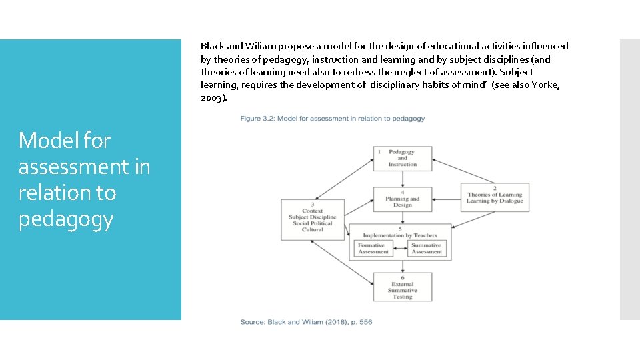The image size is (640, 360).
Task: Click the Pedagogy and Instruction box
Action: [x=402, y=158]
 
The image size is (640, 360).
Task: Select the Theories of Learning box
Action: [x=495, y=197]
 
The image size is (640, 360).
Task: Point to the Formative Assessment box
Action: [x=373, y=249]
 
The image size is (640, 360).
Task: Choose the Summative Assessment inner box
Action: [x=427, y=249]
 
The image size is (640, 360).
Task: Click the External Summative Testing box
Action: [x=402, y=287]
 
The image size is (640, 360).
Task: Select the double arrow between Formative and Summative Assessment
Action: [x=399, y=250]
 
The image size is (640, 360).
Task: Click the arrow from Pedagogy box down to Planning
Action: [x=402, y=179]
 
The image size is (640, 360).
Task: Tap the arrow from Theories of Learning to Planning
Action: [x=446, y=198]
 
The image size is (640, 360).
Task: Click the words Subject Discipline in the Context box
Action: [x=313, y=217]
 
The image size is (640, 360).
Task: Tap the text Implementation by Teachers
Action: [x=401, y=235]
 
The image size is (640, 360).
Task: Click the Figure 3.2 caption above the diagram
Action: [x=333, y=119]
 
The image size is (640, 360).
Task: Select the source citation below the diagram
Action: [x=306, y=322]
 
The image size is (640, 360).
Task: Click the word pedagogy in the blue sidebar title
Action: [x=67, y=219]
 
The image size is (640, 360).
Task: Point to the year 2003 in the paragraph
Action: [x=212, y=97]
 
